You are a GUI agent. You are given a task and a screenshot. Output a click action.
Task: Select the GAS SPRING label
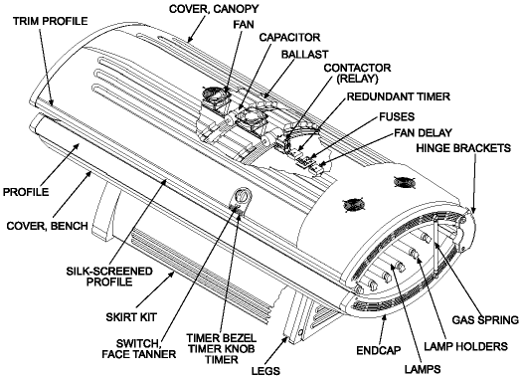pyautogui.click(x=480, y=321)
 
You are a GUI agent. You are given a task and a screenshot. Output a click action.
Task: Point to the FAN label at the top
pyautogui.click(x=241, y=24)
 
